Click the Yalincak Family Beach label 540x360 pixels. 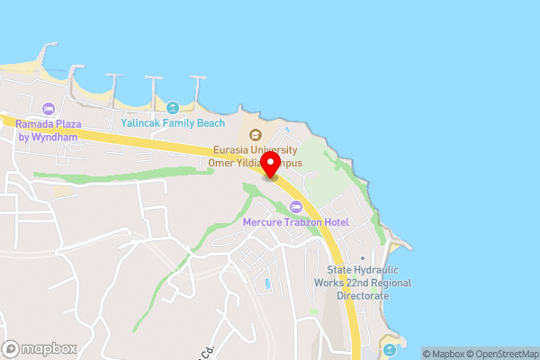(173, 123)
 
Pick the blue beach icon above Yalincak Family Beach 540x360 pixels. (173, 107)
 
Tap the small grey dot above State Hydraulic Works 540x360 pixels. (363, 258)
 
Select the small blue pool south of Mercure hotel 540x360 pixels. (267, 285)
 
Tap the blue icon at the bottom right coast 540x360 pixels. (389, 347)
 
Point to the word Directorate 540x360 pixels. (363, 295)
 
